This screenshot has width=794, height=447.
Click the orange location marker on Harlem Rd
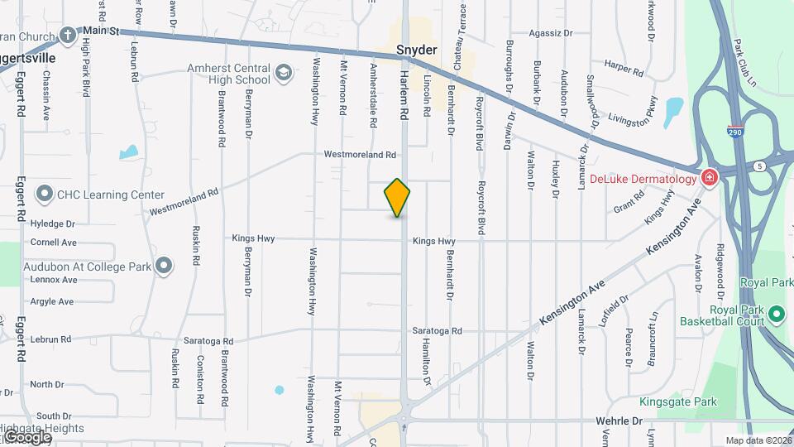pyautogui.click(x=397, y=198)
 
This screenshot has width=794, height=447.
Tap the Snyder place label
pyautogui.click(x=416, y=50)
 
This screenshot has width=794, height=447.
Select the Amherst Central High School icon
pyautogui.click(x=284, y=74)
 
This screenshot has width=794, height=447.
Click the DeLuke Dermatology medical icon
pyautogui.click(x=709, y=178)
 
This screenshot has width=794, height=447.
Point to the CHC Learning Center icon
pyautogui.click(x=45, y=195)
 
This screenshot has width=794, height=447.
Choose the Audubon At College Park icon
pyautogui.click(x=164, y=266)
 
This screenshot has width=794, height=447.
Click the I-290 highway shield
pyautogui.click(x=734, y=132)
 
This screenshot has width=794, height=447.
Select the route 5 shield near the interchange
pyautogui.click(x=759, y=166)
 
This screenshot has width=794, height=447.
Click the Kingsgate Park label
pyautogui.click(x=677, y=401)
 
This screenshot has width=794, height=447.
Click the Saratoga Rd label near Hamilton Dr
pyautogui.click(x=438, y=331)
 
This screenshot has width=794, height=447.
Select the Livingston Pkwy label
pyautogui.click(x=639, y=113)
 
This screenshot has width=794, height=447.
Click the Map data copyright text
pyautogui.click(x=758, y=440)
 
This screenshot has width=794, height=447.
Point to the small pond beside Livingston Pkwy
pyautogui.click(x=673, y=108)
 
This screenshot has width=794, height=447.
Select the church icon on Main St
pyautogui.click(x=68, y=35)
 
